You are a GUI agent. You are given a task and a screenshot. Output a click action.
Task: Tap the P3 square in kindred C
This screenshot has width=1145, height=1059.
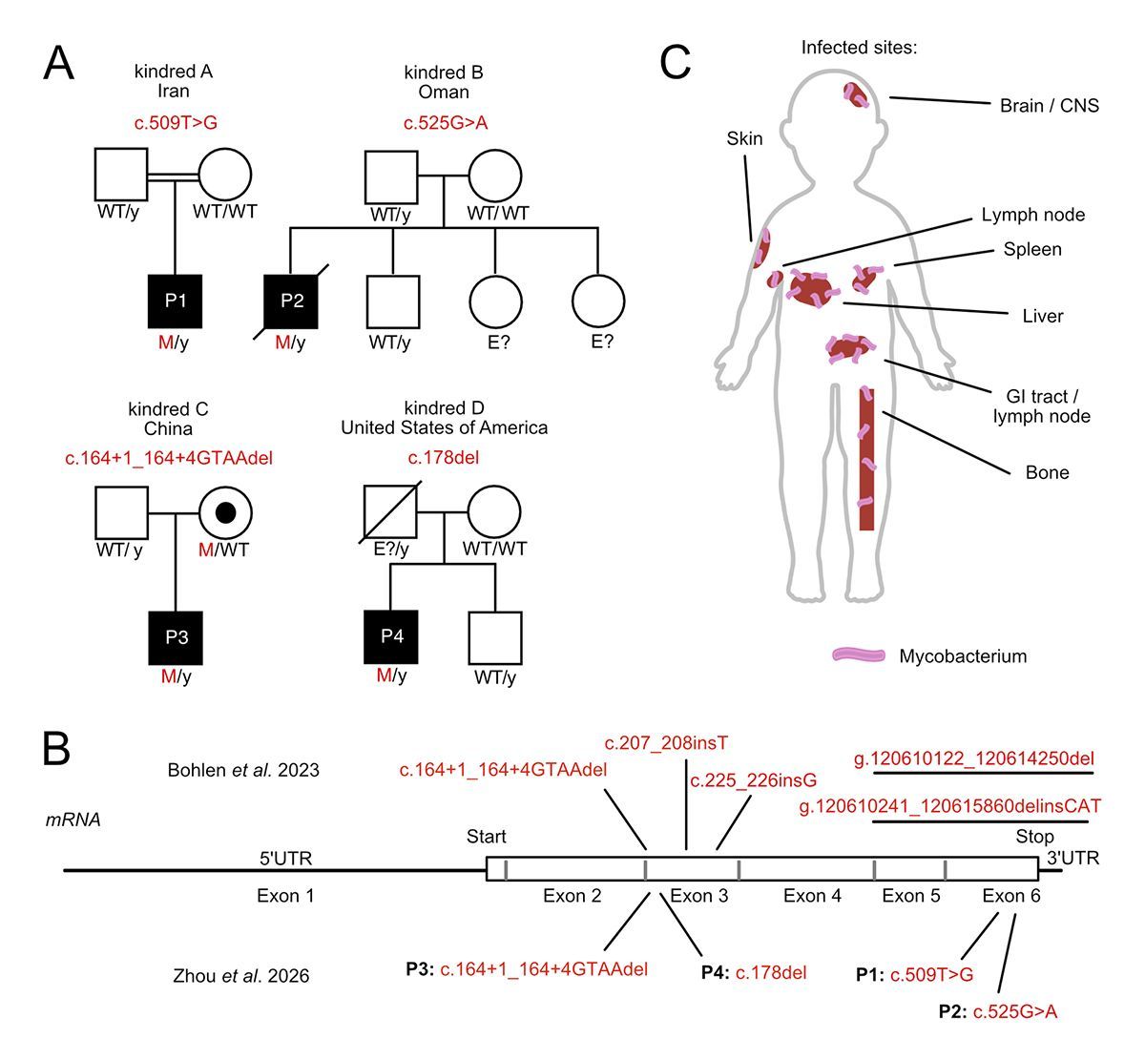(x=176, y=637)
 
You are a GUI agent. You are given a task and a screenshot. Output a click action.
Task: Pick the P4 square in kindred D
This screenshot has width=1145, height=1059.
(x=392, y=637)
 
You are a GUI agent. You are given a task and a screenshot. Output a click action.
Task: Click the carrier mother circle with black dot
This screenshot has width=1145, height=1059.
(x=226, y=513)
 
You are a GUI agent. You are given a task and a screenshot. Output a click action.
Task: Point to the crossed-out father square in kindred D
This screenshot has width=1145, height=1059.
(x=392, y=513)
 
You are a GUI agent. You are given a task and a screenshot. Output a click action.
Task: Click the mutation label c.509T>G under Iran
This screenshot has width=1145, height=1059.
(x=174, y=122)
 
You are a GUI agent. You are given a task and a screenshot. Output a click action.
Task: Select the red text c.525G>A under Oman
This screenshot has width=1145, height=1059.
(x=444, y=122)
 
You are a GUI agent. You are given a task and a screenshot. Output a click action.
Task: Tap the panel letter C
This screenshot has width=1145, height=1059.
(x=676, y=63)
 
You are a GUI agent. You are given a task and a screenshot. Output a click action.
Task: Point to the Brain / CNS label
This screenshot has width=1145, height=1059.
(x=1049, y=106)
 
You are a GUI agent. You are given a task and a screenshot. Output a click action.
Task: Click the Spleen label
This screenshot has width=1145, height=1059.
(x=1032, y=250)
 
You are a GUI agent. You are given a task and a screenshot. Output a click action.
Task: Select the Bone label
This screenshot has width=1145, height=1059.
(x=1047, y=472)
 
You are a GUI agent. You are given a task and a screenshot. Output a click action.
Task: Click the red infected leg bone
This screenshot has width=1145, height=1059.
(x=866, y=458)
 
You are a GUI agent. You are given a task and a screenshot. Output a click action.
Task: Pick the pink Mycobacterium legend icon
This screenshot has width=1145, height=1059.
(x=859, y=655)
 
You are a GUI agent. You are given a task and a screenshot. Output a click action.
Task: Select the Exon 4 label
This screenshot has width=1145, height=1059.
(x=812, y=895)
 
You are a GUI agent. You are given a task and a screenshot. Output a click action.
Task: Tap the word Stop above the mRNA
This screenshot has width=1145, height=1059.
(x=1034, y=838)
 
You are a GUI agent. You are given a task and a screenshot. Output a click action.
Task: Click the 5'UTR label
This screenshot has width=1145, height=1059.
(x=285, y=859)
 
